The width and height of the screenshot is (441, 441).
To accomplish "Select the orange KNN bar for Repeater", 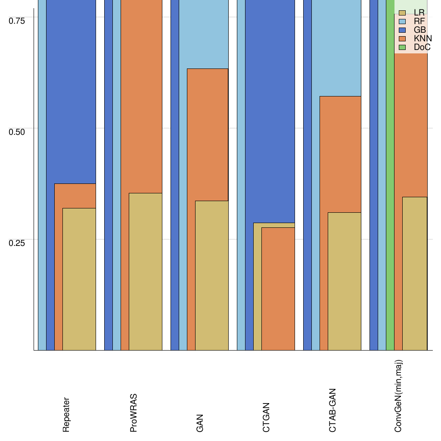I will click(x=75, y=196).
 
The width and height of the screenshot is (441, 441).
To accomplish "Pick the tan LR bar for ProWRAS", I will click(x=146, y=271).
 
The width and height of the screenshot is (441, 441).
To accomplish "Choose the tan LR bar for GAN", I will click(x=212, y=276).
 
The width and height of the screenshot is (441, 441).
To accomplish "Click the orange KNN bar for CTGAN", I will click(x=278, y=289).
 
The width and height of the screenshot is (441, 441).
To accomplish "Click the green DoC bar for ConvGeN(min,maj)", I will click(x=390, y=194).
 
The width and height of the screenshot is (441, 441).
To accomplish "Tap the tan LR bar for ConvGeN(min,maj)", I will click(x=415, y=273).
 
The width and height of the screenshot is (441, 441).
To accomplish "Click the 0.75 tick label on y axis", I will click(x=17, y=21).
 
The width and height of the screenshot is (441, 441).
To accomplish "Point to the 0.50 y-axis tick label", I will click(x=17, y=131).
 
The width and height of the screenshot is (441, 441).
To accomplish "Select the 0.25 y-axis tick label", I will click(x=17, y=242).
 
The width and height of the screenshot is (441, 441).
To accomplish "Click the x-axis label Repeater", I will click(x=66, y=415).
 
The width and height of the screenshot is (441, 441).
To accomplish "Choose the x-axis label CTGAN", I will click(x=266, y=417).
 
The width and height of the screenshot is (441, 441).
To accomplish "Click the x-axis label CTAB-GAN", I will click(x=332, y=410).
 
